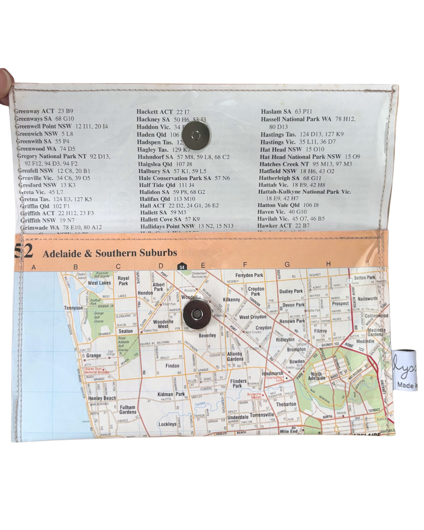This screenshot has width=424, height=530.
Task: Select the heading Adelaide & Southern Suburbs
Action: tap(110, 253)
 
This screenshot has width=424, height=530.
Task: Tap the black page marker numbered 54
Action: tap(182, 267)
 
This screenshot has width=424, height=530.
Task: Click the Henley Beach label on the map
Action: tap(102, 398)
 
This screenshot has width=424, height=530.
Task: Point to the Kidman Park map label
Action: tap(171, 394)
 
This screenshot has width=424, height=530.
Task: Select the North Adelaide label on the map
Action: tap(316, 376)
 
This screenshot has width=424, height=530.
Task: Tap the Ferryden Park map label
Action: tap(249, 275)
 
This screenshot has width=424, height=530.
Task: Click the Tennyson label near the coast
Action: tap(73, 308)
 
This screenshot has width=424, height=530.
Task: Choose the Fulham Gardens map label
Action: tap(128, 409)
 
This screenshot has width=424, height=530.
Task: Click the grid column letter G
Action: tap(287, 265)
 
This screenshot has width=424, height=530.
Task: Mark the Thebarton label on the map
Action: tap(286, 404)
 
